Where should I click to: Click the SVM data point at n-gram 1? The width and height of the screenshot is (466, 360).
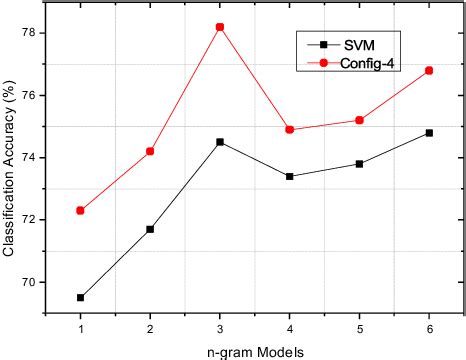(x=80, y=297)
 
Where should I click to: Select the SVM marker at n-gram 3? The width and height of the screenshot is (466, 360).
(x=219, y=142)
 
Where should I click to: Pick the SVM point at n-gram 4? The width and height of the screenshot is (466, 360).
(x=289, y=176)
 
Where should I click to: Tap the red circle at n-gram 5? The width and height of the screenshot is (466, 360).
(x=359, y=120)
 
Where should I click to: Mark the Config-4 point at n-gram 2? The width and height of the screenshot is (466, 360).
(x=150, y=151)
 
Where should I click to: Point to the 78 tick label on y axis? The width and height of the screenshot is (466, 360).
(x=29, y=33)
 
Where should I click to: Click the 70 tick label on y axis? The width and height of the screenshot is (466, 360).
(x=29, y=282)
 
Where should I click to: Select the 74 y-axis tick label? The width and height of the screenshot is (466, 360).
(x=29, y=158)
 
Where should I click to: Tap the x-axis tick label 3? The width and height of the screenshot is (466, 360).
(x=219, y=328)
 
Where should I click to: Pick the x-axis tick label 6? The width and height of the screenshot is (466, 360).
(x=429, y=328)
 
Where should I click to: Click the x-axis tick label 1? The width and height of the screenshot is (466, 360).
(x=80, y=328)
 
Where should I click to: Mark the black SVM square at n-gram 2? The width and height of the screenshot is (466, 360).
(x=150, y=229)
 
